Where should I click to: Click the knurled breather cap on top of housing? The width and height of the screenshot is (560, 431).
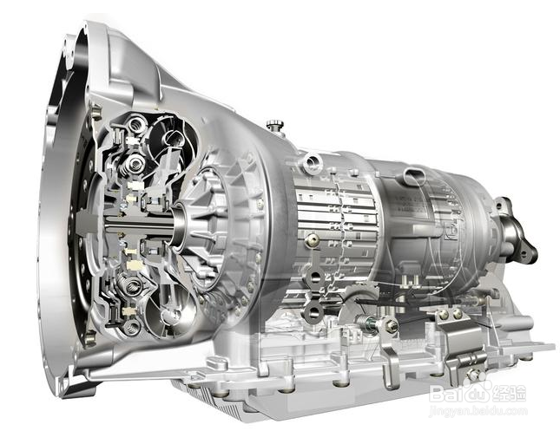pyautogui.click(x=274, y=125)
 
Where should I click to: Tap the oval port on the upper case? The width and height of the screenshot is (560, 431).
pyautogui.click(x=415, y=176)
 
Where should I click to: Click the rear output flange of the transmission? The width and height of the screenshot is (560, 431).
pyautogui.click(x=517, y=232)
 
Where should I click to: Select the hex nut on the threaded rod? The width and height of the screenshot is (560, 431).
pyautogui.click(x=391, y=324)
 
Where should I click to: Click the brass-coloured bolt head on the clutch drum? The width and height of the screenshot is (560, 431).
pyautogui.click(x=313, y=240)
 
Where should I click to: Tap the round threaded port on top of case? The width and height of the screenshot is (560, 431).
pyautogui.click(x=313, y=161)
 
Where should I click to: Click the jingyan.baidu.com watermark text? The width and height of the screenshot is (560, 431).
pyautogui.click(x=478, y=411)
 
